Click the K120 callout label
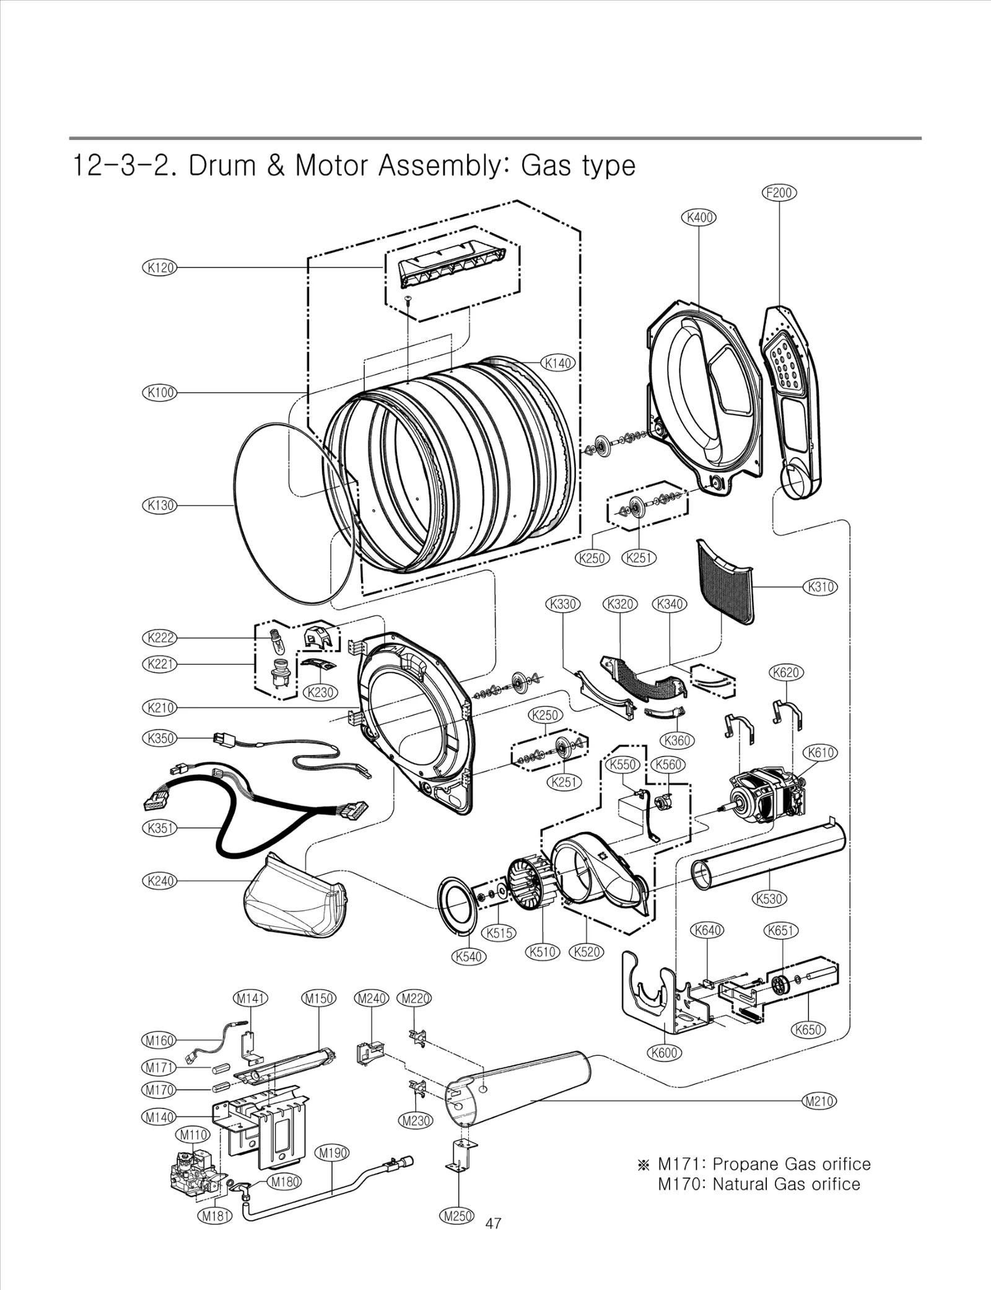click(x=160, y=267)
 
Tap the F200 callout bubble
click(x=779, y=193)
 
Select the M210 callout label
click(x=819, y=1101)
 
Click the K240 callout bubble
click(x=160, y=880)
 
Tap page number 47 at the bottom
click(x=494, y=1223)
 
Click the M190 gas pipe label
click(x=333, y=1153)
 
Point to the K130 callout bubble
click(x=160, y=505)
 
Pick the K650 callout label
click(x=808, y=1030)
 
